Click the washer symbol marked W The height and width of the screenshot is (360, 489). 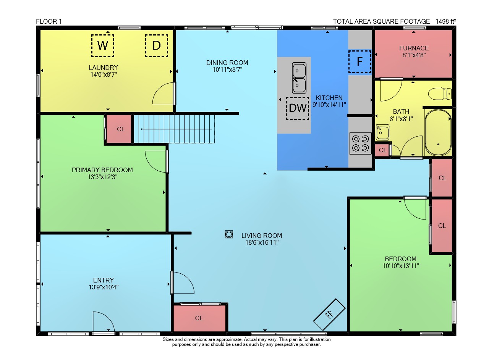103,45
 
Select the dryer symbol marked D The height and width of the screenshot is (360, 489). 157,45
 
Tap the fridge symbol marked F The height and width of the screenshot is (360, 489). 360,62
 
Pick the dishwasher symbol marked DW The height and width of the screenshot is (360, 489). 298,108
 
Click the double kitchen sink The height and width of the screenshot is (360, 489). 299,78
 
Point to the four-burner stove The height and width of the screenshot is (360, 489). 360,143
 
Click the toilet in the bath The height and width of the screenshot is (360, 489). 440,94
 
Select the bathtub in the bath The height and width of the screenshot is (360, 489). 438,132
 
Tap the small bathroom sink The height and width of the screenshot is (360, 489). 382,132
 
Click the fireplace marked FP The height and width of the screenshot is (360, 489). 329,315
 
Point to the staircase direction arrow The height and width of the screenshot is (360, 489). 176,129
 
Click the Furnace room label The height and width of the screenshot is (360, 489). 414,48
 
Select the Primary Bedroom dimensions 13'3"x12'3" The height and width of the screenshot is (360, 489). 102,177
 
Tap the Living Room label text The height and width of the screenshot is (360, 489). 262,236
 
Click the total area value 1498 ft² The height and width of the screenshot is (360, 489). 446,21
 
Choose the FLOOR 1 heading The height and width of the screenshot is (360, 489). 49,21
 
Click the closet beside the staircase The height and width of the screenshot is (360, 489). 119,129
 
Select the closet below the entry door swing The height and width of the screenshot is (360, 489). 199,318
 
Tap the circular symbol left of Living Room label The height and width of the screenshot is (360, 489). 229,234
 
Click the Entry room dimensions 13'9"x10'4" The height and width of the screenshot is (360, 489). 104,287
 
